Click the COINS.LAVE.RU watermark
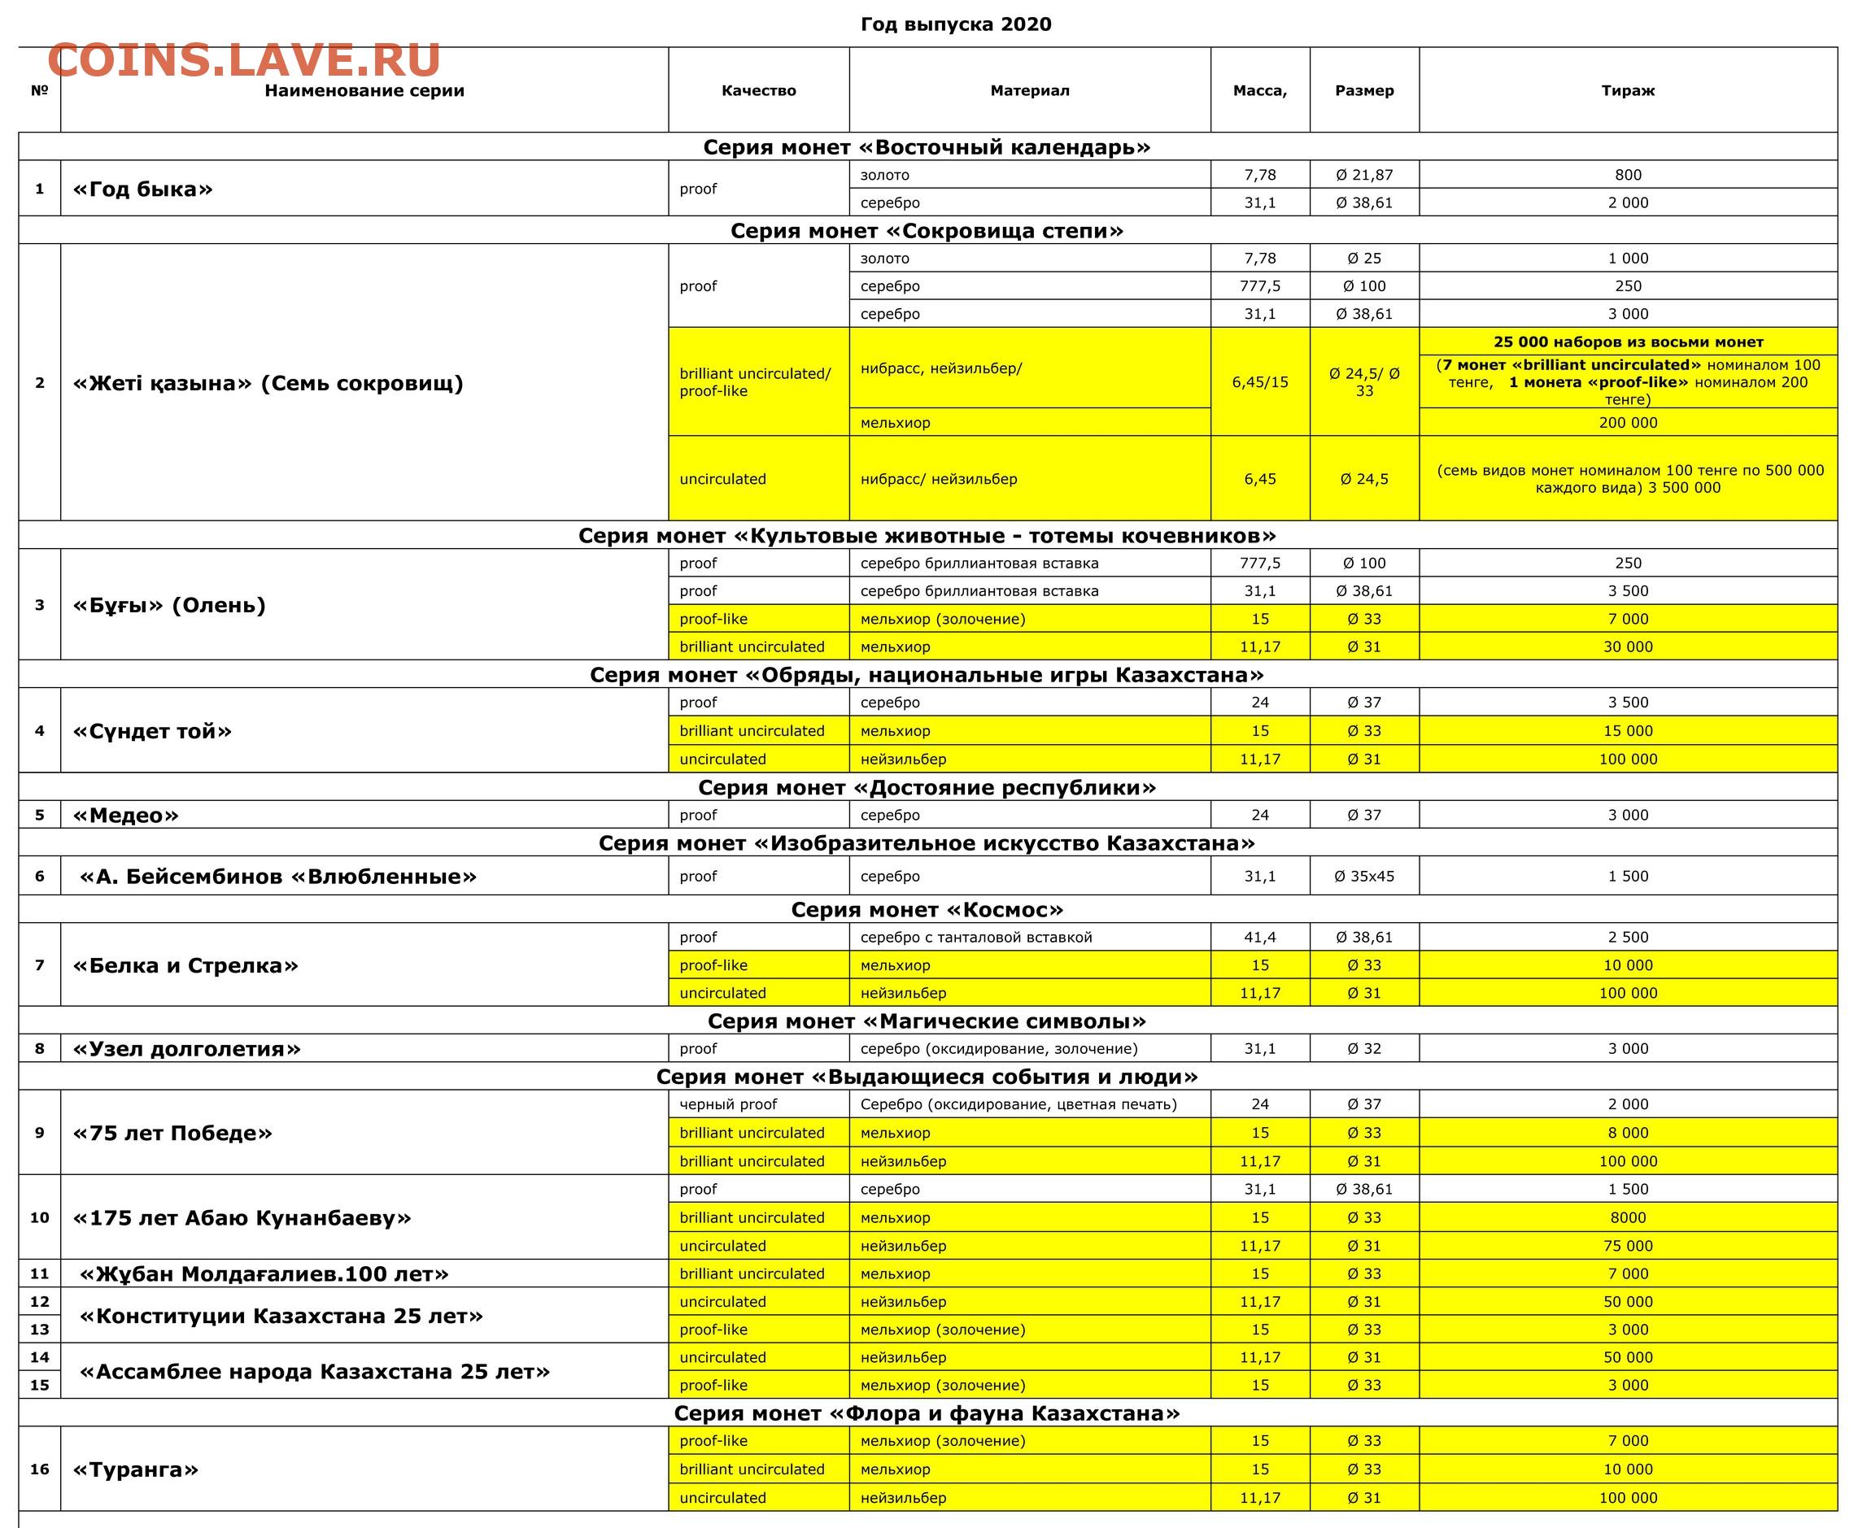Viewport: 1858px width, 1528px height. [x=244, y=61]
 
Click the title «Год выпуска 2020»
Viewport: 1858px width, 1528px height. [x=955, y=24]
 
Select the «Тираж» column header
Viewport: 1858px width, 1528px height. [x=1627, y=90]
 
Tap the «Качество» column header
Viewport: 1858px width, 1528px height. [x=758, y=90]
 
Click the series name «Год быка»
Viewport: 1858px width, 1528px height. [x=142, y=189]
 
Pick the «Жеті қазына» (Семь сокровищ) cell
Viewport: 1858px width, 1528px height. [x=268, y=383]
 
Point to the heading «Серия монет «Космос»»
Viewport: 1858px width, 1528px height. [x=927, y=909]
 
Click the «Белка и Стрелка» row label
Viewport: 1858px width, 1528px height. [x=185, y=965]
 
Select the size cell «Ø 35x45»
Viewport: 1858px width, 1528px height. [x=1364, y=877]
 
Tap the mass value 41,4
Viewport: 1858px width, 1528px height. [x=1259, y=938]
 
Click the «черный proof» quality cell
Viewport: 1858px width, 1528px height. [x=728, y=1104]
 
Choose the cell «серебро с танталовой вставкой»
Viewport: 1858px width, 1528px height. [x=975, y=938]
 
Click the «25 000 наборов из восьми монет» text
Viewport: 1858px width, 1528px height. [x=1627, y=342]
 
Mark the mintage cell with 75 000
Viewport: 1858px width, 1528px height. [x=1627, y=1246]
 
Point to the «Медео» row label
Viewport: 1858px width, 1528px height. [x=126, y=815]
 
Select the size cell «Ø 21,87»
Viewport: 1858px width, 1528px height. [x=1364, y=175]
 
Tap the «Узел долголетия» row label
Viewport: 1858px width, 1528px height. [x=186, y=1049]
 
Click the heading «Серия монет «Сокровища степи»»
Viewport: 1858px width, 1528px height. [x=927, y=231]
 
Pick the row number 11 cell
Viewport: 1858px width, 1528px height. [x=40, y=1273]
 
